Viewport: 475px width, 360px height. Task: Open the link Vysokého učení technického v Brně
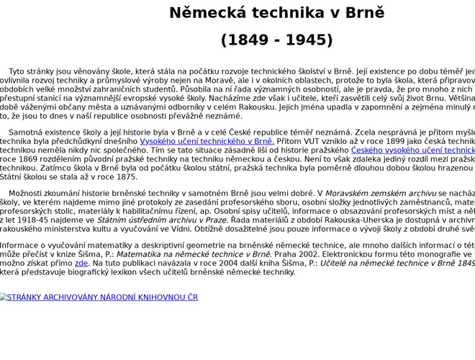207,141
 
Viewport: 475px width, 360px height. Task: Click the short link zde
81,264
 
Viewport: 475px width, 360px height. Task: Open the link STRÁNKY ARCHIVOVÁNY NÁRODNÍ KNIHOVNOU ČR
101,297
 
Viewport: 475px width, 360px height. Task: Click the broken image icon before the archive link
3,297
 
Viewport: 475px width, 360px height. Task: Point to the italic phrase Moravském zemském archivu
380,194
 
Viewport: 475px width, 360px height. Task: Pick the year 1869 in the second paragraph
32,160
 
